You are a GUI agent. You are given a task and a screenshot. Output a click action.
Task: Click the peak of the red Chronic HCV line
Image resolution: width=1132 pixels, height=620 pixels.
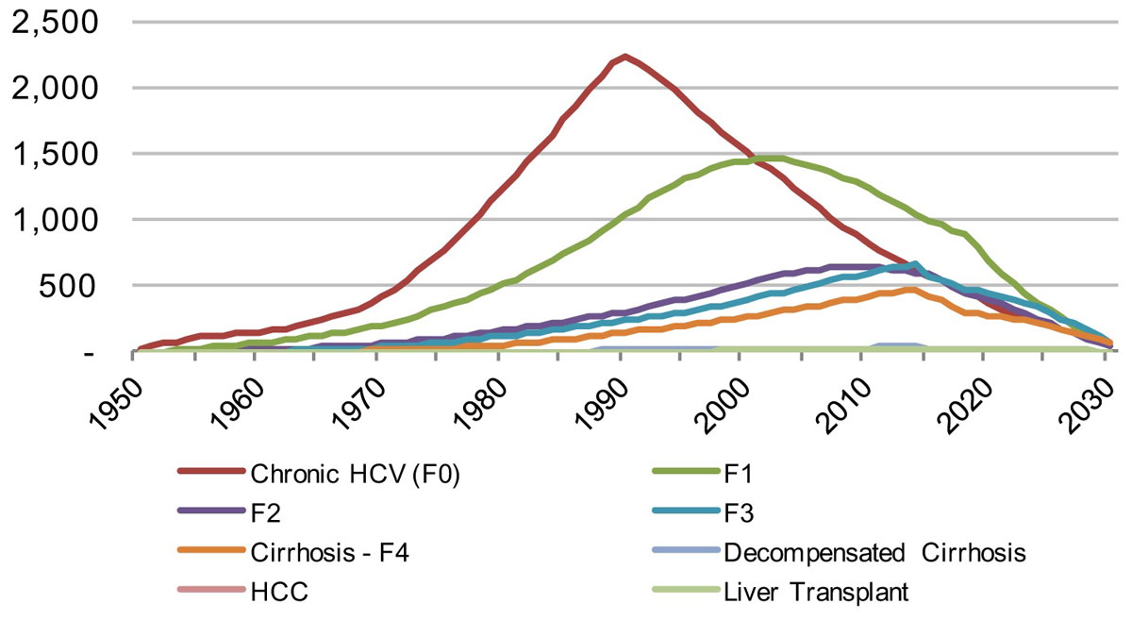click(x=624, y=57)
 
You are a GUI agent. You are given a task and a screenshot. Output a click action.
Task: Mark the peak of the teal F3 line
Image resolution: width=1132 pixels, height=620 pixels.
click(x=914, y=264)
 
